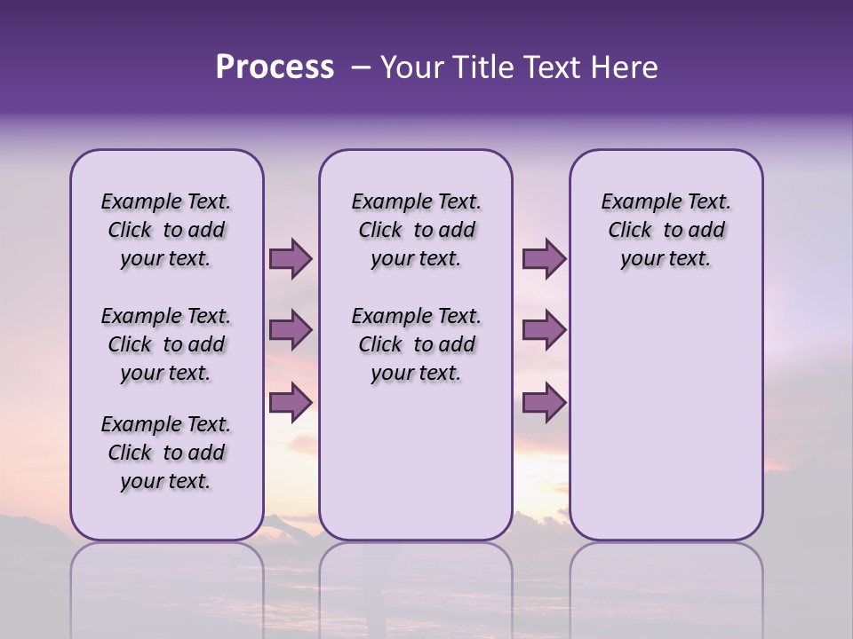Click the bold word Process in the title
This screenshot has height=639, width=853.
point(275,67)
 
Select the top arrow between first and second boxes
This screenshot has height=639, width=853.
point(291,258)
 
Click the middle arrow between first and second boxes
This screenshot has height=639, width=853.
point(291,330)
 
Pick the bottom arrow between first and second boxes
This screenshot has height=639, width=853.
point(291,402)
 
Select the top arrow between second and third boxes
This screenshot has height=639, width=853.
point(544,258)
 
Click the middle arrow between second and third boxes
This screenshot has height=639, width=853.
point(544,330)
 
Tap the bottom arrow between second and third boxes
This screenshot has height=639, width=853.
point(544,402)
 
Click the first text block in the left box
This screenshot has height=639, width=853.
point(166,230)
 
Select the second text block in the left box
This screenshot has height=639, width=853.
point(166,344)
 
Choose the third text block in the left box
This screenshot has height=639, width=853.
point(166,453)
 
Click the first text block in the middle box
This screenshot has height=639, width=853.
point(416,230)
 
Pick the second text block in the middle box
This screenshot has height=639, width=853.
point(416,344)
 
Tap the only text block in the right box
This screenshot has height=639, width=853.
point(666,230)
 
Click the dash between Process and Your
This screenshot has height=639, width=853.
point(360,67)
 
